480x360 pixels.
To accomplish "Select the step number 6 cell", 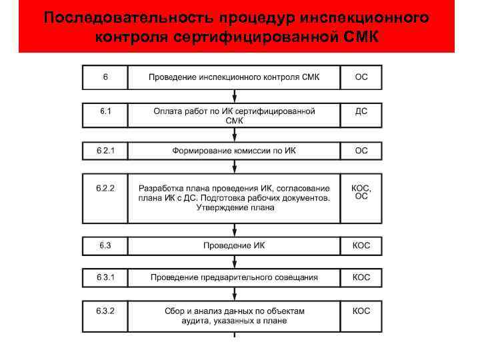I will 105,77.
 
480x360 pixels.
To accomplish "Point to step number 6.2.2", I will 105,189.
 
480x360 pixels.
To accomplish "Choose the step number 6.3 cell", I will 105,245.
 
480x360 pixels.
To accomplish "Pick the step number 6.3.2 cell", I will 105,311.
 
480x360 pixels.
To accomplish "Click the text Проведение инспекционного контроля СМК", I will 233,77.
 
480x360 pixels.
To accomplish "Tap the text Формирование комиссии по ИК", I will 233,151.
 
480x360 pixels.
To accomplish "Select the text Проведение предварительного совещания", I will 233,277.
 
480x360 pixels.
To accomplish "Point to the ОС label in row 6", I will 361,77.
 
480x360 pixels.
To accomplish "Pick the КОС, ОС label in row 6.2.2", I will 361,192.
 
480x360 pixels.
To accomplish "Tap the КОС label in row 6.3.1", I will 361,277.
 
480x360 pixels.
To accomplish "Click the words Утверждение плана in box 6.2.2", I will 235,208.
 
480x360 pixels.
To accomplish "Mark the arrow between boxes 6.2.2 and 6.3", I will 234,231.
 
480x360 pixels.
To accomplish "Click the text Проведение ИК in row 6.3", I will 234,245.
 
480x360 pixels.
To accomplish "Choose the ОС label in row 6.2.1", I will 361,151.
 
